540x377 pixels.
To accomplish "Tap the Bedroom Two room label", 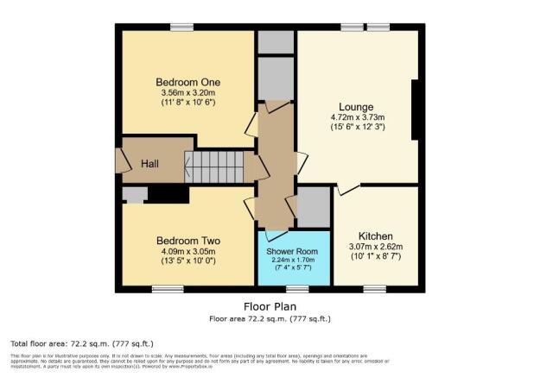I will (x=187, y=241).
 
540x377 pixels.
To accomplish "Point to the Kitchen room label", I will (x=376, y=236).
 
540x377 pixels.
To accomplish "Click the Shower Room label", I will (x=294, y=251).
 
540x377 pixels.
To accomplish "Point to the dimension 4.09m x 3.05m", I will (x=187, y=253).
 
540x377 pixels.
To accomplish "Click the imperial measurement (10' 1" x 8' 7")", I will (x=376, y=257).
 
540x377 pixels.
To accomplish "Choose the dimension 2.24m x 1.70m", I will (x=294, y=260).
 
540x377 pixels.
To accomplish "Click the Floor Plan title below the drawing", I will (x=270, y=306).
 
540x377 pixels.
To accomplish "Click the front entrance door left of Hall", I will (x=118, y=161).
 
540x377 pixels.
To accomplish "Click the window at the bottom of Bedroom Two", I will (x=187, y=287).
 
